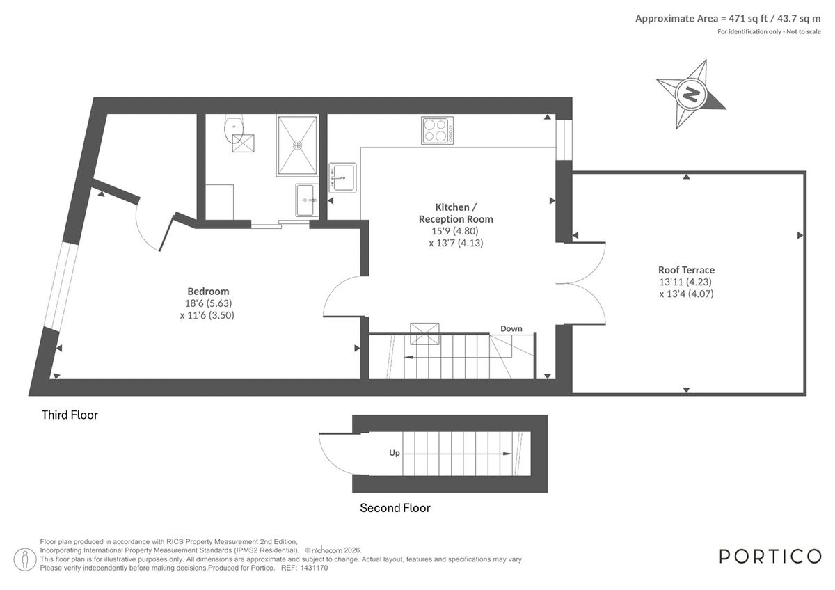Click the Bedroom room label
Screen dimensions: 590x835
tap(208, 292)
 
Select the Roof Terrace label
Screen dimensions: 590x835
tap(686, 270)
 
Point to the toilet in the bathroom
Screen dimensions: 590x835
tap(234, 127)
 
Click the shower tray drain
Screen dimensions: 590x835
tap(298, 145)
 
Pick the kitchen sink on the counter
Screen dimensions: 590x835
tap(342, 177)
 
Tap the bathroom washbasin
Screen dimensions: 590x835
tap(306, 200)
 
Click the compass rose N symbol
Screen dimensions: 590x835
tap(691, 94)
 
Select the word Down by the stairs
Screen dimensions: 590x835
tap(511, 328)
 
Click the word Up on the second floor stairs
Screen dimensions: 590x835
tap(395, 453)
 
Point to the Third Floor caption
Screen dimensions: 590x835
tap(70, 415)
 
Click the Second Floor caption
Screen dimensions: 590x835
tap(395, 508)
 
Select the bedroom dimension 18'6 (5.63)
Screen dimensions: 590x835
tap(208, 303)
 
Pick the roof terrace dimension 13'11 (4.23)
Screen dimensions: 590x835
tap(686, 282)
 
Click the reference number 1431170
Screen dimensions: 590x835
tap(314, 568)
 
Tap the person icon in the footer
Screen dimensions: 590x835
tap(26, 558)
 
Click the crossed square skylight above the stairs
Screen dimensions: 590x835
tap(424, 333)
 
